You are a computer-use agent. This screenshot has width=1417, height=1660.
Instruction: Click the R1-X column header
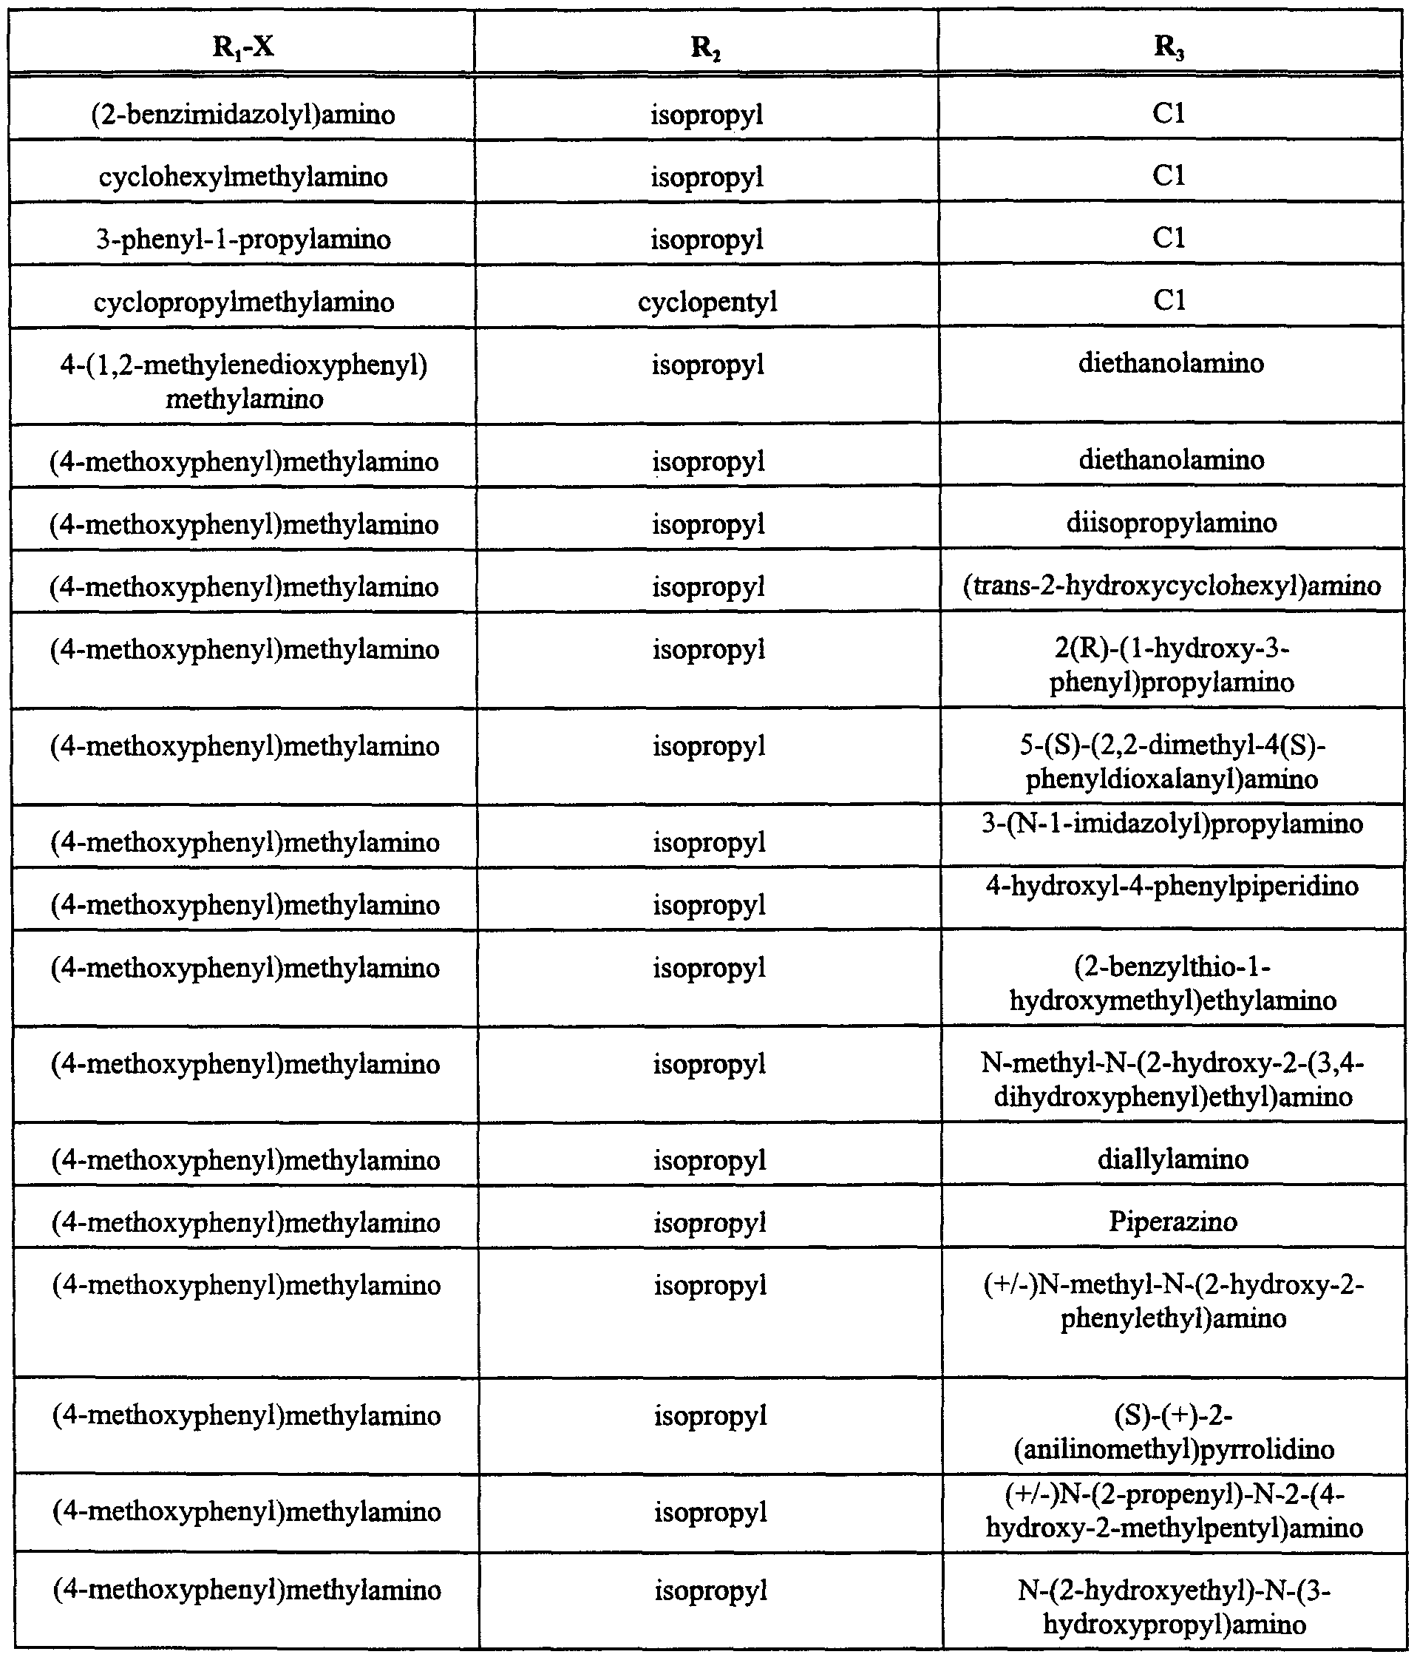pyautogui.click(x=242, y=47)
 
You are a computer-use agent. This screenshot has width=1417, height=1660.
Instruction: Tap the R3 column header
pyautogui.click(x=1169, y=47)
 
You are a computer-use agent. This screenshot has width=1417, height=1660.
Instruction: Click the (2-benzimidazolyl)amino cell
pyautogui.click(x=242, y=115)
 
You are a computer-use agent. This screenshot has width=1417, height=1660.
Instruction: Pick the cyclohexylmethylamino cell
pyautogui.click(x=242, y=177)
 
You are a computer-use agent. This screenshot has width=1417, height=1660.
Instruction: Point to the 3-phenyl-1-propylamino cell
pyautogui.click(x=242, y=240)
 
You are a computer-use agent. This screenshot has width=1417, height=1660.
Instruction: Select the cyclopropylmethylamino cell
pyautogui.click(x=243, y=302)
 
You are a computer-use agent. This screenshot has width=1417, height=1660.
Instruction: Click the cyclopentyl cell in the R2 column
pyautogui.click(x=707, y=302)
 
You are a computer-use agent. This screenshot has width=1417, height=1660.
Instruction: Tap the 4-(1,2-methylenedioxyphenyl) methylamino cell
pyautogui.click(x=243, y=382)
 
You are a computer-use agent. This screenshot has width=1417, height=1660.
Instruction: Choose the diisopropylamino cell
pyautogui.click(x=1171, y=524)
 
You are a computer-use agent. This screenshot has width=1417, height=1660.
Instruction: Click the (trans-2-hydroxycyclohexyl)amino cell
pyautogui.click(x=1171, y=586)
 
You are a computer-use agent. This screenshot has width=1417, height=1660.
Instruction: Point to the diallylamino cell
pyautogui.click(x=1172, y=1159)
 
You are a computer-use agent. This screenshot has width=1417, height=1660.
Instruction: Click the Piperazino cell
pyautogui.click(x=1172, y=1221)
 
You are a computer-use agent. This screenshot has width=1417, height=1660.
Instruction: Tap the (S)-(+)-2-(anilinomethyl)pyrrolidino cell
pyautogui.click(x=1174, y=1432)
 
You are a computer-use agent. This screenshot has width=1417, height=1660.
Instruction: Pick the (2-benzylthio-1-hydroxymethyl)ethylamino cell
pyautogui.click(x=1172, y=984)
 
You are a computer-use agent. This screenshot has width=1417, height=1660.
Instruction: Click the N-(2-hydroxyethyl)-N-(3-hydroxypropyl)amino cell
pyautogui.click(x=1175, y=1606)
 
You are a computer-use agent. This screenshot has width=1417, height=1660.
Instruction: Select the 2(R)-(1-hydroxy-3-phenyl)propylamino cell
pyautogui.click(x=1172, y=665)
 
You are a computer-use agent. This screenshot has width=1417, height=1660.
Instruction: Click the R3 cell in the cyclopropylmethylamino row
pyautogui.click(x=1169, y=300)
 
